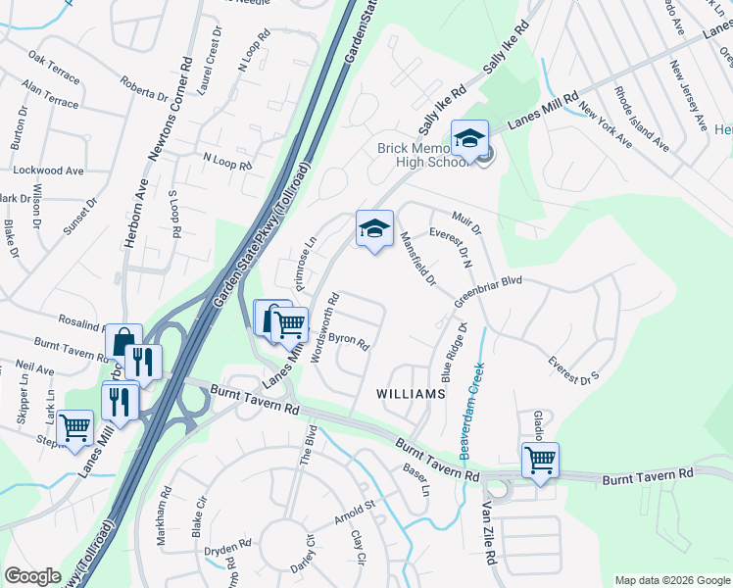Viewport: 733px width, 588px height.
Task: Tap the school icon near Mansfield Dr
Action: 373,229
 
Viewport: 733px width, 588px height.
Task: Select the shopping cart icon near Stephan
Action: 75,428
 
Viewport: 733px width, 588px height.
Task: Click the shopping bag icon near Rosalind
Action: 123,343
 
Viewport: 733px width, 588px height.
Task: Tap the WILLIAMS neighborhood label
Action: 412,393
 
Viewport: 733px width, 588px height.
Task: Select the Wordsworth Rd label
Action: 325,327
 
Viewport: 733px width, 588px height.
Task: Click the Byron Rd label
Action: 348,342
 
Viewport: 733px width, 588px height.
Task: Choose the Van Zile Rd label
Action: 487,533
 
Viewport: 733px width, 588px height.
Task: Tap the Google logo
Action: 33,576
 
